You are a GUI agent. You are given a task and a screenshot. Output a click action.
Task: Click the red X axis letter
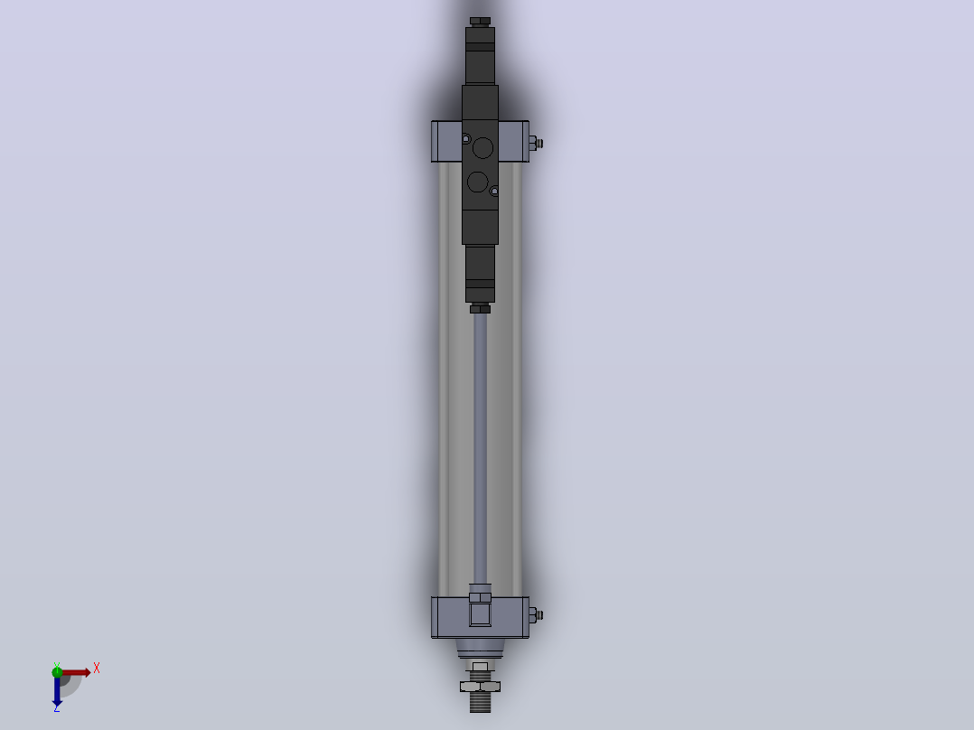click(97, 669)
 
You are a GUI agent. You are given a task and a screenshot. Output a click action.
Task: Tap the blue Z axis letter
click(57, 707)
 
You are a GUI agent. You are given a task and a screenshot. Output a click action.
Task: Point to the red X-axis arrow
click(76, 672)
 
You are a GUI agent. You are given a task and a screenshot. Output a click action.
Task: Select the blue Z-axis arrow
click(57, 690)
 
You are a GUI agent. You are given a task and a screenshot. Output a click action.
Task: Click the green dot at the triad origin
click(57, 671)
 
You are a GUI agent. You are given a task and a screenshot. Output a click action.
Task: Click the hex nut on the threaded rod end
click(480, 687)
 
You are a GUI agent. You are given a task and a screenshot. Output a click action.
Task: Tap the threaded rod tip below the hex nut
click(480, 702)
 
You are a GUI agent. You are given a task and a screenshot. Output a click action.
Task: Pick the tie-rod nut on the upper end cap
click(535, 144)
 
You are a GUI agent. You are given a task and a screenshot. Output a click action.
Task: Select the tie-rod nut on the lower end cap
click(535, 615)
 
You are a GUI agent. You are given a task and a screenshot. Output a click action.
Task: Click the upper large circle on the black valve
click(482, 148)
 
